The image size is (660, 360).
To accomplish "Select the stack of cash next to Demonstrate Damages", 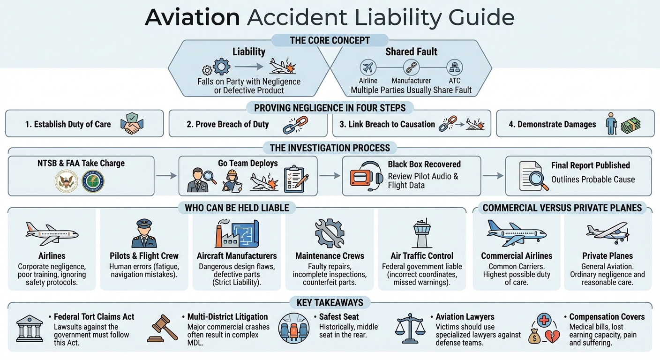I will tap(630, 125).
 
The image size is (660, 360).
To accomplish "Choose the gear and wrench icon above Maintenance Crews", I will tap(330, 233).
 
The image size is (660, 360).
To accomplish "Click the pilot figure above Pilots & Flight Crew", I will tap(144, 233).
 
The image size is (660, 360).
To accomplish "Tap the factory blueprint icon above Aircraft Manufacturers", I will tap(237, 233).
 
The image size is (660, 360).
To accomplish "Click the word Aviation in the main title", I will tap(192, 17).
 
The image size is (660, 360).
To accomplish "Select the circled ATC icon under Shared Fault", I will tap(455, 67).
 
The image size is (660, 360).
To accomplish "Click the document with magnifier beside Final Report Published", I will tap(533, 176).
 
